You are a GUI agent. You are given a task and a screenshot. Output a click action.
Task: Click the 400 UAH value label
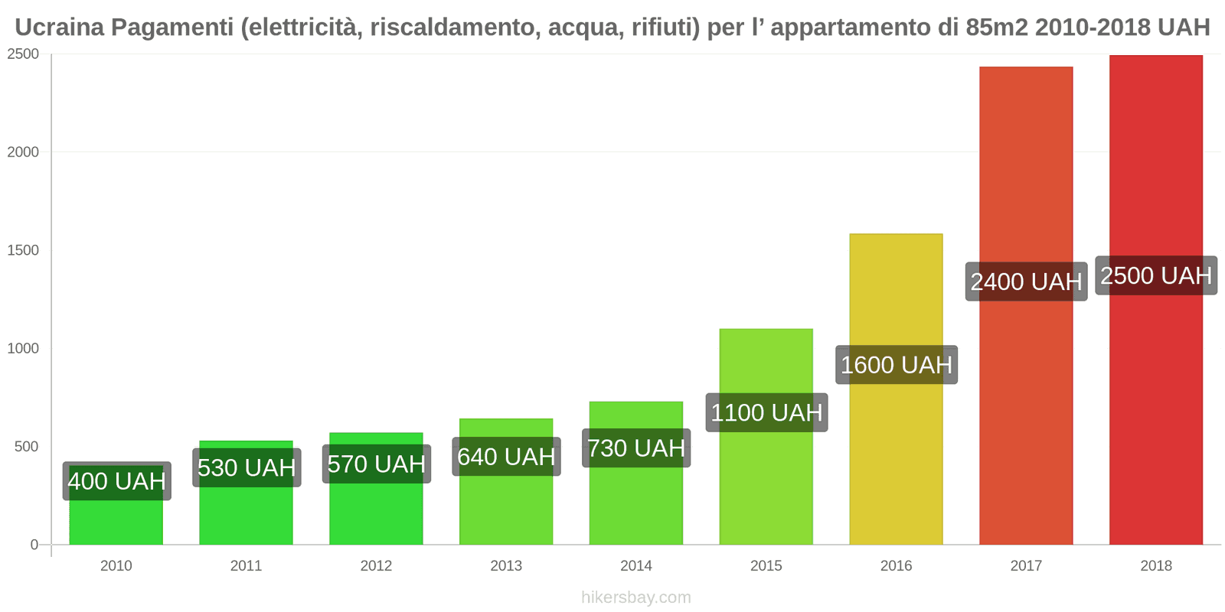116,481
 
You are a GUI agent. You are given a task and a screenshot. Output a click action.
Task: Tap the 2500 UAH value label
1156,275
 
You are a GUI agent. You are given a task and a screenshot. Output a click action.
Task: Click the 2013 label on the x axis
506,566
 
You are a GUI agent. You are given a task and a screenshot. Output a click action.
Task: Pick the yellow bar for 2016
896,459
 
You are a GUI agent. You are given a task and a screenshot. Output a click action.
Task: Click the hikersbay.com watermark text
635,597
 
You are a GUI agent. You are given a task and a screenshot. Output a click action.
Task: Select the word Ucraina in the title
59,28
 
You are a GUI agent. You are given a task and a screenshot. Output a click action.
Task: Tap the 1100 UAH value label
766,413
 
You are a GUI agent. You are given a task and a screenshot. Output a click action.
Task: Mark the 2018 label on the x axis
1155,566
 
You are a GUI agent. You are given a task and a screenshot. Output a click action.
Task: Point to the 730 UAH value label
636,448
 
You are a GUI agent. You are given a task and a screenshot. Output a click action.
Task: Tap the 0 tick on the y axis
34,545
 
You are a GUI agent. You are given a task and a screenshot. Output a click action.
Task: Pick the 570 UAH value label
376,464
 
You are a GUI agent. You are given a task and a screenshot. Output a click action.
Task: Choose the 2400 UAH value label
1026,282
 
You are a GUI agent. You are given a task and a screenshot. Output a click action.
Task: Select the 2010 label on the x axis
116,566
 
